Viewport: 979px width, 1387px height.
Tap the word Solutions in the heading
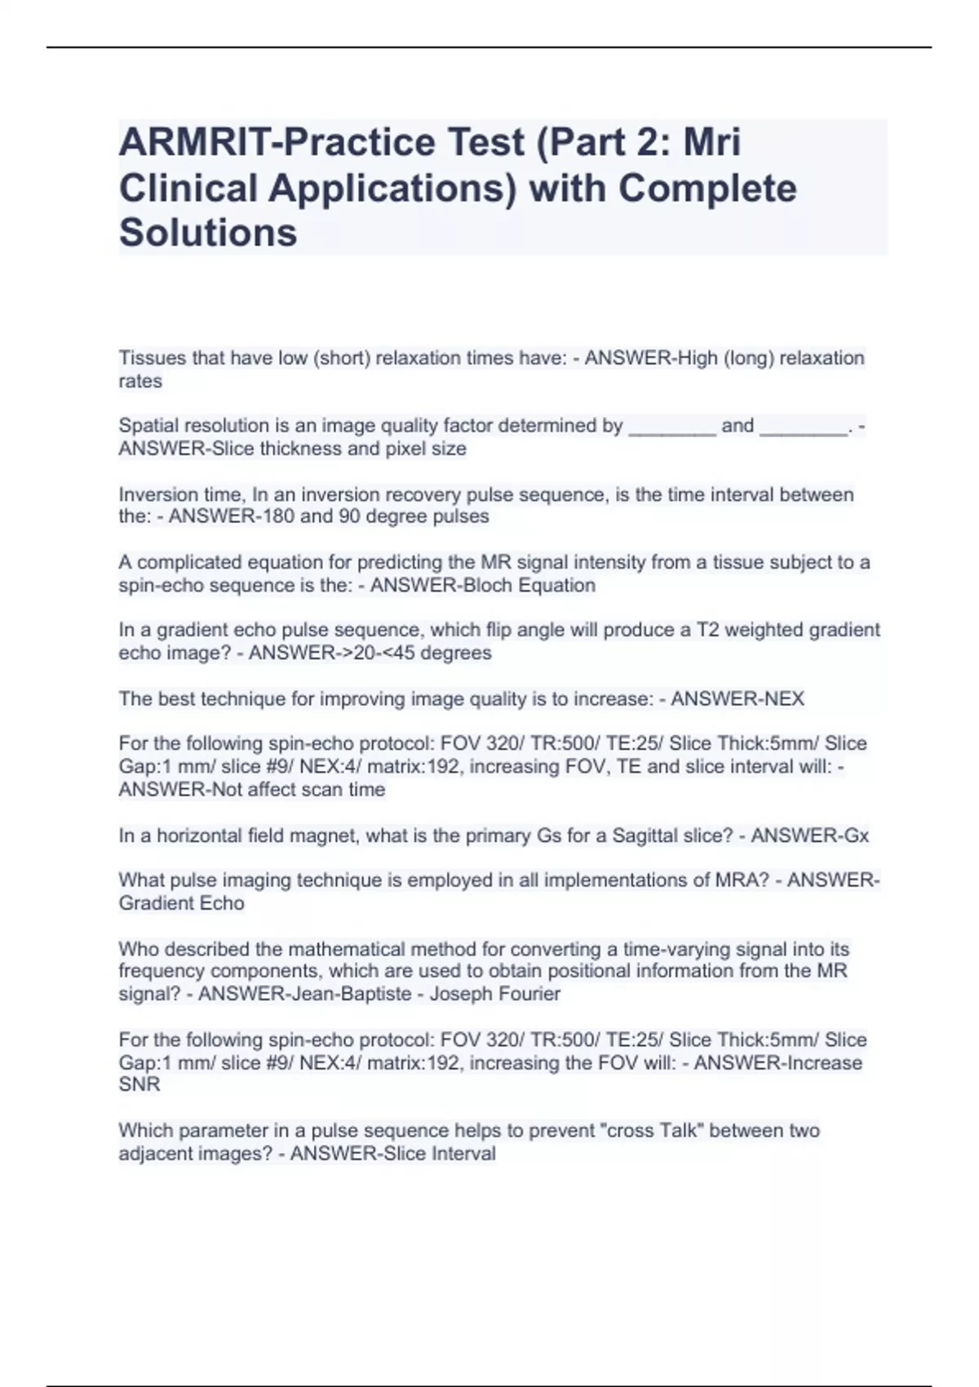pos(208,233)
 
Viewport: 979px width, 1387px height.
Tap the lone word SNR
pos(139,1084)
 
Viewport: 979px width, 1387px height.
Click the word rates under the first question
pos(140,381)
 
